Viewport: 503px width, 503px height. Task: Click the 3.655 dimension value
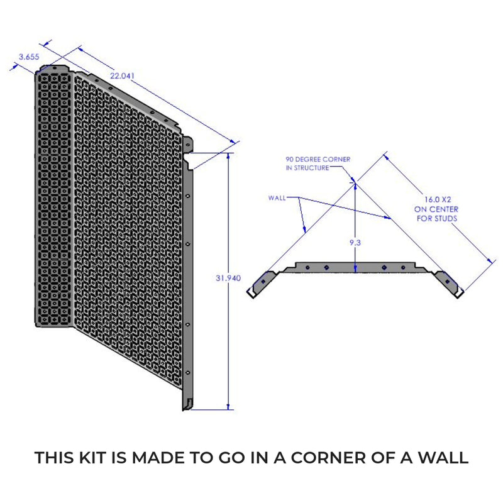(29, 57)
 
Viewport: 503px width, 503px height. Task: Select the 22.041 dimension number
(123, 75)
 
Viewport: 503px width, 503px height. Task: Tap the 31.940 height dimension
(228, 277)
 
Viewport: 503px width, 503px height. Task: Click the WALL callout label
(277, 197)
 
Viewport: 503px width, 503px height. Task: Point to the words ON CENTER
(436, 209)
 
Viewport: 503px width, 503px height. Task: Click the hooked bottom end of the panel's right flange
(187, 402)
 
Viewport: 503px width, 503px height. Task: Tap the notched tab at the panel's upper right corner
(189, 143)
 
